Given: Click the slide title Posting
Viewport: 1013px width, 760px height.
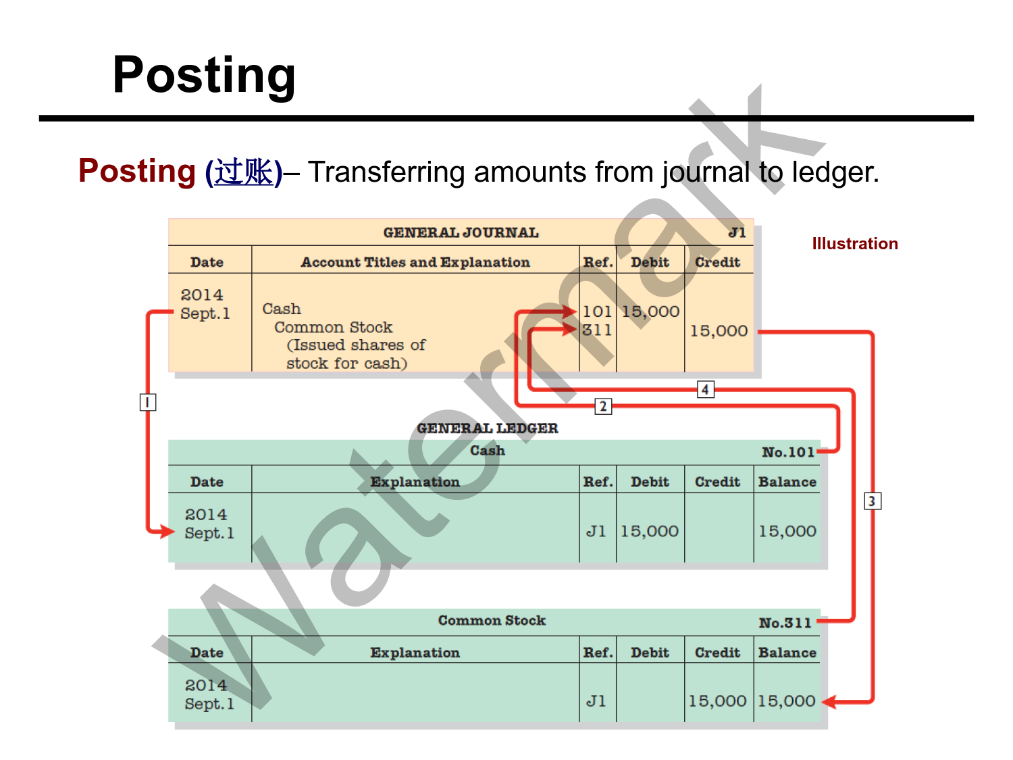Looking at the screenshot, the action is [204, 75].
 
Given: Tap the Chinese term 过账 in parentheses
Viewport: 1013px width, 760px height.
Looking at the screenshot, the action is [244, 172].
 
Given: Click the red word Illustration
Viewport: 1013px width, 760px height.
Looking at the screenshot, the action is [854, 244].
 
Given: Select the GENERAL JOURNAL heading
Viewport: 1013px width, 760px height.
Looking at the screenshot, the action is [461, 233].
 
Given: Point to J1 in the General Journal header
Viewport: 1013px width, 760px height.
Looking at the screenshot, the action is [737, 233].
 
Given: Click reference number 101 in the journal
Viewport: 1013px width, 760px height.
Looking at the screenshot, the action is [597, 311].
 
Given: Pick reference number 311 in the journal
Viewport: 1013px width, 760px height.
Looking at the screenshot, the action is [597, 330].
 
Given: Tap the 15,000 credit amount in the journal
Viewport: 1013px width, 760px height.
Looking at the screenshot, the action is [719, 331].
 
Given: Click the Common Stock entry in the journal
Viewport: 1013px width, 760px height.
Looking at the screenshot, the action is [333, 328].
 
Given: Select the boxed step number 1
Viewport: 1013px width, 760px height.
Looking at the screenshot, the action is [147, 403].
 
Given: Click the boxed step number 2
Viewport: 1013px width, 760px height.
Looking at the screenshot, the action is [603, 406].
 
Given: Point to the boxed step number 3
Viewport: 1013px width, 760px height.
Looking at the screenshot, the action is [872, 501].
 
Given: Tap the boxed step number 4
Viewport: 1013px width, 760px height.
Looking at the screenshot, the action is [705, 389].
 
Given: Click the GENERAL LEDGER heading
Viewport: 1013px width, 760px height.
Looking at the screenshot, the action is [487, 428].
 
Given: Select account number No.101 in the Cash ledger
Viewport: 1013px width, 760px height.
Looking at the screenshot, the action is [787, 453].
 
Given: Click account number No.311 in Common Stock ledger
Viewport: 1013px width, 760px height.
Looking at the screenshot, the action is [785, 623].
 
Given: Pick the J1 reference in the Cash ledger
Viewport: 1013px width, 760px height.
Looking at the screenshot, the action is [596, 532].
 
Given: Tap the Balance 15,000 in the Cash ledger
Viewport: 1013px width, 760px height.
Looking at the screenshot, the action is [787, 532].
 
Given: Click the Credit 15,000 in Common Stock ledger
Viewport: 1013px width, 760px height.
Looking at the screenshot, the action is [717, 701].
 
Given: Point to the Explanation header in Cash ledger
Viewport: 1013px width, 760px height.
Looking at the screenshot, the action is [415, 482].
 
